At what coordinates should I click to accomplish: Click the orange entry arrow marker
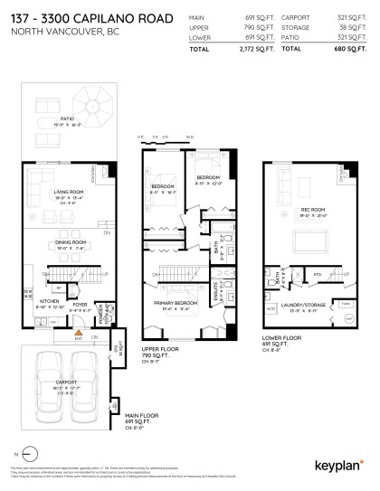pos(78,334)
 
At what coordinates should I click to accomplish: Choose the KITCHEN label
pos(49,303)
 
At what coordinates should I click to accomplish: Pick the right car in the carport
pos(86,376)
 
